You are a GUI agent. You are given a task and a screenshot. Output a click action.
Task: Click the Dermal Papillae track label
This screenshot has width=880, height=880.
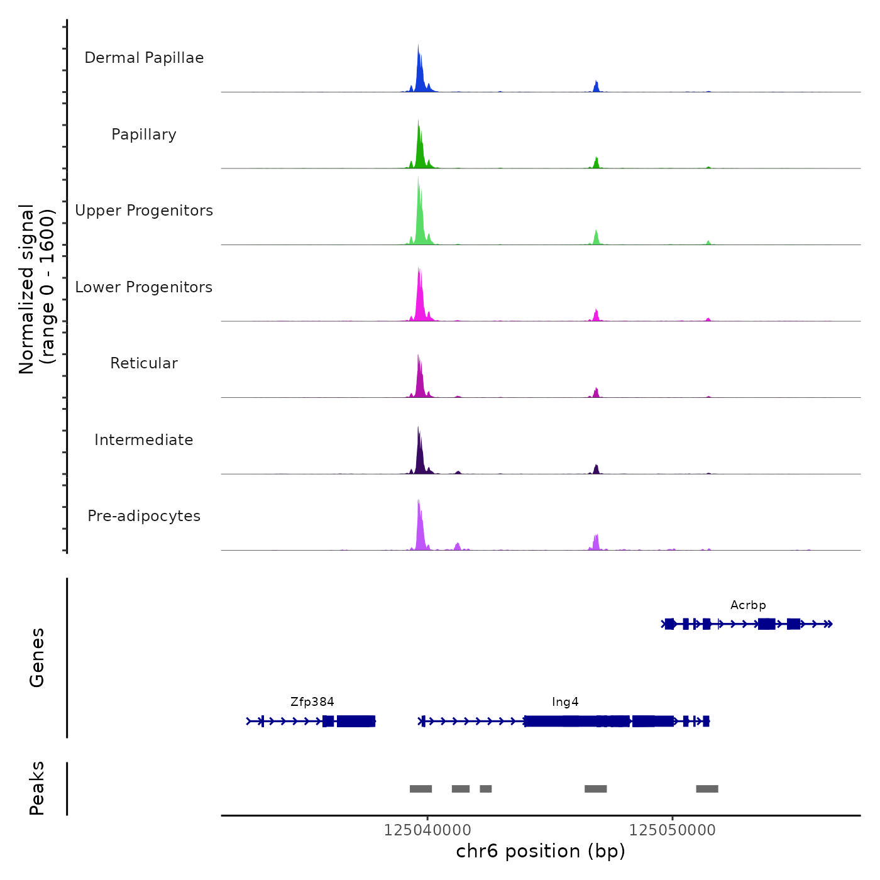144,58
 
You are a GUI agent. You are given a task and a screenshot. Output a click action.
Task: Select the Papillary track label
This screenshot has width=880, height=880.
144,135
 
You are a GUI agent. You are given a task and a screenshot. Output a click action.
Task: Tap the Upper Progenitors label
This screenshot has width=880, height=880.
144,211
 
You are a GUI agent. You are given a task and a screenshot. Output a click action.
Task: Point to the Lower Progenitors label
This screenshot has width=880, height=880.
144,287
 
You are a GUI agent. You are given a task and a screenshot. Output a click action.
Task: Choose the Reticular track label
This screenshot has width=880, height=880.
144,363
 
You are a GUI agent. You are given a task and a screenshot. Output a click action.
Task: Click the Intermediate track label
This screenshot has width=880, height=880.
144,440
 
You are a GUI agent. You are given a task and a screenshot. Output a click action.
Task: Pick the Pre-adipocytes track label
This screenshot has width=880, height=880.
144,516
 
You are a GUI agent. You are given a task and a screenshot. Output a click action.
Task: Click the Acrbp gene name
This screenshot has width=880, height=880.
748,605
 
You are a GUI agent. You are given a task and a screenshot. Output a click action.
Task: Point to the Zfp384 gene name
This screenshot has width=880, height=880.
312,702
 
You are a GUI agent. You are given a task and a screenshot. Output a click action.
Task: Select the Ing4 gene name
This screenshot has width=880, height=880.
565,702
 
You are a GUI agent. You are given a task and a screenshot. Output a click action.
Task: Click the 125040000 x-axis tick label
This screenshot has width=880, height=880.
427,830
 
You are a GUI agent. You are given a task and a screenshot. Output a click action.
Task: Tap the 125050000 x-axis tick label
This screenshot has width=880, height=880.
673,830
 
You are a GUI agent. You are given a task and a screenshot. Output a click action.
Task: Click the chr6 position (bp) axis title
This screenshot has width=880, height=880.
541,851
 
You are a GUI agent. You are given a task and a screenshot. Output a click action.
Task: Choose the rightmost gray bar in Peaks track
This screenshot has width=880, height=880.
707,789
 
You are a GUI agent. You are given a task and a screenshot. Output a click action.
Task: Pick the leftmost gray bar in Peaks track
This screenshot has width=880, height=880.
421,789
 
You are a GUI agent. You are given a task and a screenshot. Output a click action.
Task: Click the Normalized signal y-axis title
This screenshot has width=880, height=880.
36,289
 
